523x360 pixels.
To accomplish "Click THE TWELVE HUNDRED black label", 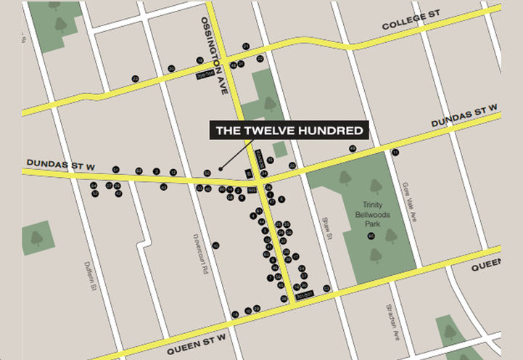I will tap(290, 131).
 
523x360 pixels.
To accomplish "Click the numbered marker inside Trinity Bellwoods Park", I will tap(371, 236).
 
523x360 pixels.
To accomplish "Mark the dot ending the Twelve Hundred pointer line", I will tap(220, 169).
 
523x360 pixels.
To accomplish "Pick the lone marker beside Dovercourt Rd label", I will tap(215, 245).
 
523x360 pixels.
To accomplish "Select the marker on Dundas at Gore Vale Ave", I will tap(395, 152).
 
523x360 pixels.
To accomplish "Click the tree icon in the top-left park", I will tap(60, 24).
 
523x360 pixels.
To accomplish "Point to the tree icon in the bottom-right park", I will tap(450, 332).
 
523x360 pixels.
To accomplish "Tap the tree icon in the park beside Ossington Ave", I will tap(270, 103).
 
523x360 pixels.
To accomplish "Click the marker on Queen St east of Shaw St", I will tap(326, 288).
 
